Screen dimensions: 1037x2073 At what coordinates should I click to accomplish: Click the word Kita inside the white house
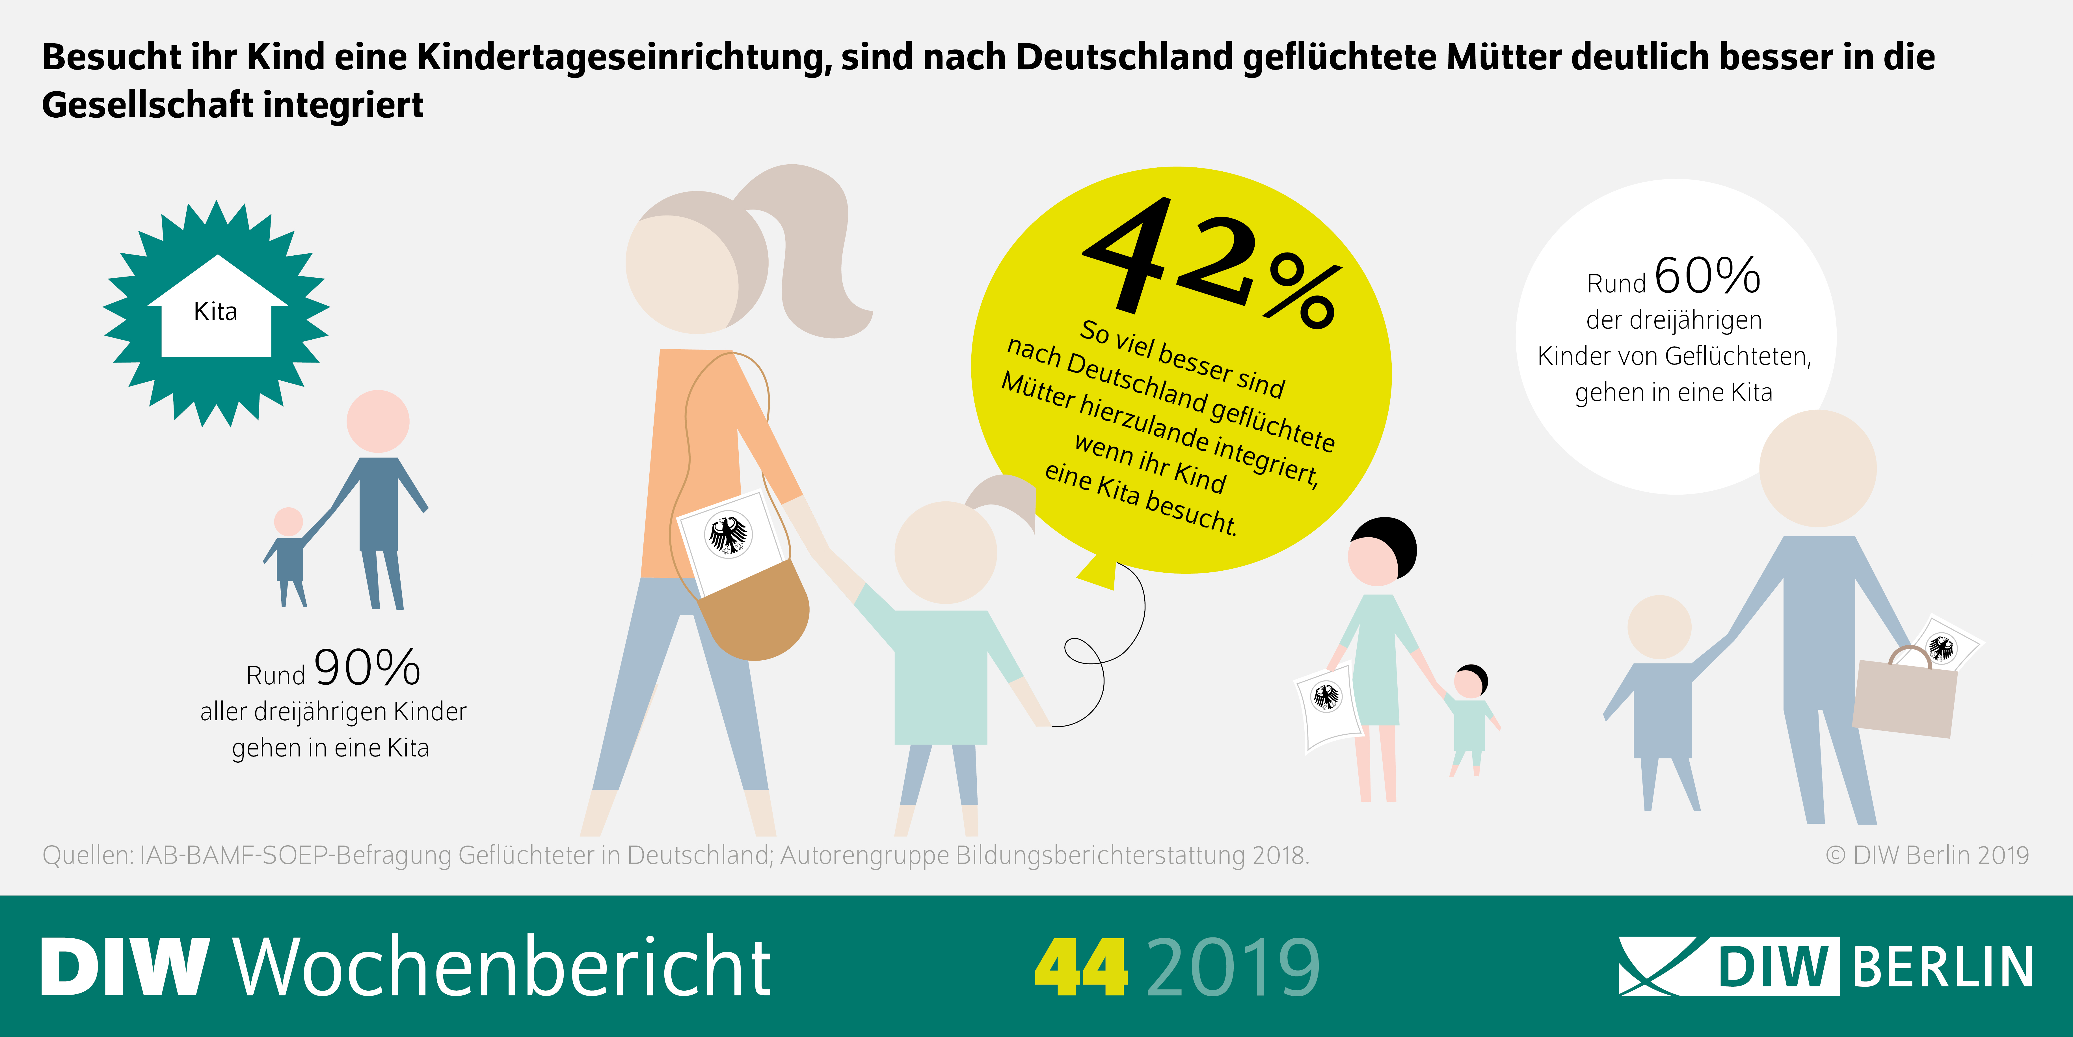point(216,312)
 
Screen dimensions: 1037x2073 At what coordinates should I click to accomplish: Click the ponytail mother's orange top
point(692,459)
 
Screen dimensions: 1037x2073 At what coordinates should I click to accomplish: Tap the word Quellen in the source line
point(87,855)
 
